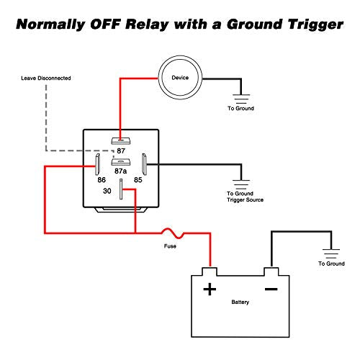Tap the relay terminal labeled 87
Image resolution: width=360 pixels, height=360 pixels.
(121, 140)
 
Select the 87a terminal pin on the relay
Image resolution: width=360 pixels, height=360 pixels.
(121, 162)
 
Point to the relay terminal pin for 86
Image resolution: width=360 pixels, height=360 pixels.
(97, 164)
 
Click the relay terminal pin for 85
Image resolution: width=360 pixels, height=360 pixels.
(144, 164)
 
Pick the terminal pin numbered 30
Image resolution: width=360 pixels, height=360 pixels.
(121, 189)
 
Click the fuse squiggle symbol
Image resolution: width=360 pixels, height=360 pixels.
(173, 233)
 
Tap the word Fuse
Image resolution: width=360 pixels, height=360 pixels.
(170, 246)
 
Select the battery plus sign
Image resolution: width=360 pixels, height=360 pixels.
(210, 289)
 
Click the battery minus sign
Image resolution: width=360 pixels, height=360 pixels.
(271, 289)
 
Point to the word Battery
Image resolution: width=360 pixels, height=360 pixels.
(240, 302)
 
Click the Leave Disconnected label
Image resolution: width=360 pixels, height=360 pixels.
(46, 78)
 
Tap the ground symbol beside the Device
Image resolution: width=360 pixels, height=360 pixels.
(241, 99)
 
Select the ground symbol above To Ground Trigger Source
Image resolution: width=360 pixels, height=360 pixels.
(241, 184)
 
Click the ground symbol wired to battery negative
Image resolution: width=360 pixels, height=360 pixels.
(331, 253)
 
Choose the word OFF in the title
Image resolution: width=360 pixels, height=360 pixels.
(104, 24)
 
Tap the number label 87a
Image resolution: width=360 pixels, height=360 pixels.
(121, 171)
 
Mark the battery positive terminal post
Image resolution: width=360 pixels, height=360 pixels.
(210, 271)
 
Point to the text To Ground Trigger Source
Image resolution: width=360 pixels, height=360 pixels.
(245, 197)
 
